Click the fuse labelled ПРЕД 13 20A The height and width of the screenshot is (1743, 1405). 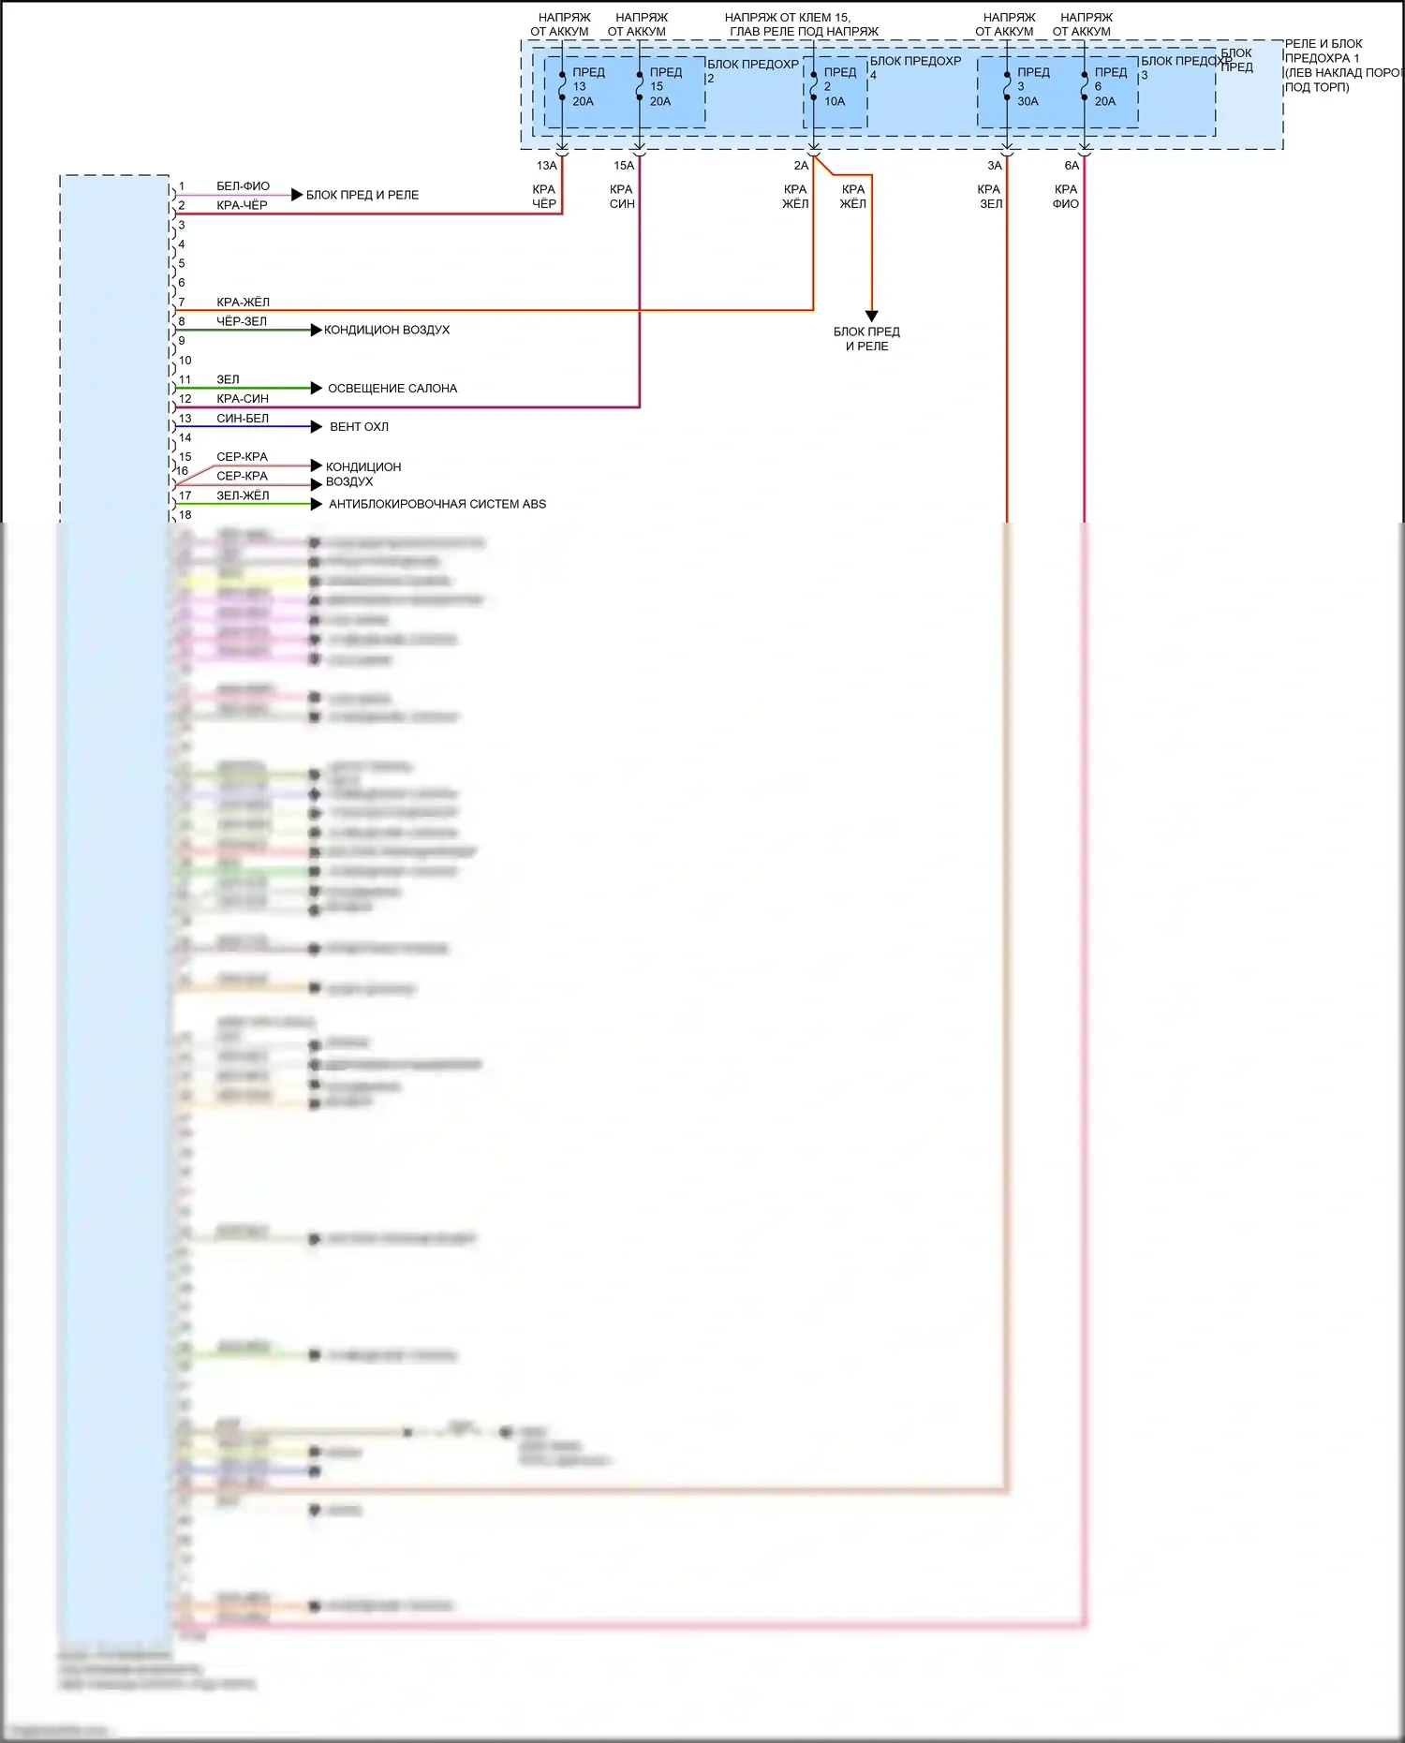coord(583,87)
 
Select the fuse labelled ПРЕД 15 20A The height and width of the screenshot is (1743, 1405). coord(659,87)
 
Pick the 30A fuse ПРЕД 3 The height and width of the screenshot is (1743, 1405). coord(1027,87)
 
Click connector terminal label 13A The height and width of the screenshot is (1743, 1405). coord(546,166)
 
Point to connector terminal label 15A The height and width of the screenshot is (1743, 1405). coord(624,166)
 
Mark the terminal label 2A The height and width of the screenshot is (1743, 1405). coord(801,166)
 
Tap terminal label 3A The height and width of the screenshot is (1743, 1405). coord(995,166)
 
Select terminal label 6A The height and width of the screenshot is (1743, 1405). coord(1072,166)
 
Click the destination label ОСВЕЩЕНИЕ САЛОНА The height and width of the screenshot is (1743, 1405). coord(392,389)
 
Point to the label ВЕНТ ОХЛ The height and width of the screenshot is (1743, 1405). coord(359,427)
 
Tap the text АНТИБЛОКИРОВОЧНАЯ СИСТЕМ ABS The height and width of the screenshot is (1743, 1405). coord(437,505)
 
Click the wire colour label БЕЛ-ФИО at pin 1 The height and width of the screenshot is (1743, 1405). coord(243,186)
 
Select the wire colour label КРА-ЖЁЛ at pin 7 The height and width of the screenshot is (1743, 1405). coord(243,303)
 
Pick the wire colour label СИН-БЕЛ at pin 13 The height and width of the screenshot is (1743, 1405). coord(243,419)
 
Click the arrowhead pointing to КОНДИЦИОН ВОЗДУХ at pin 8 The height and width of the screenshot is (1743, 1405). coord(317,330)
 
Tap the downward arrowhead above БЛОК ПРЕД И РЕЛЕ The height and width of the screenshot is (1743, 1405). coord(871,317)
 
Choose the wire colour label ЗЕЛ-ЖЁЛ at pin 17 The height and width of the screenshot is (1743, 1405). coord(243,495)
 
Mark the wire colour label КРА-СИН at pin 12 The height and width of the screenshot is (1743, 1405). coord(243,399)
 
